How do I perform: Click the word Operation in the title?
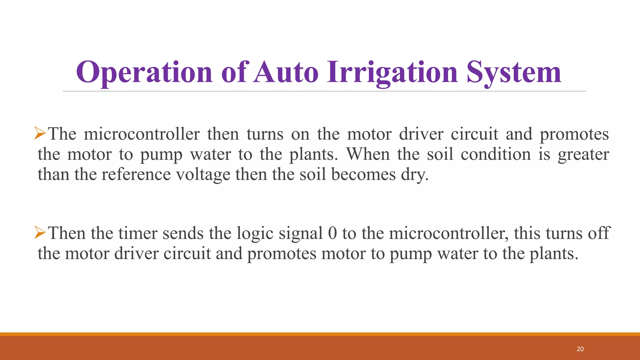click(144, 72)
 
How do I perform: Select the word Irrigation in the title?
click(392, 72)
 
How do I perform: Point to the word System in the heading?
click(514, 72)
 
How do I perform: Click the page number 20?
click(580, 349)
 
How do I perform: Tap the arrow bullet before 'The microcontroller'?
click(40, 133)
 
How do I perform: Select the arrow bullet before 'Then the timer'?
click(40, 233)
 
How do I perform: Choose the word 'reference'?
click(136, 174)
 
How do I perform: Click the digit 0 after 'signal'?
click(332, 233)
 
